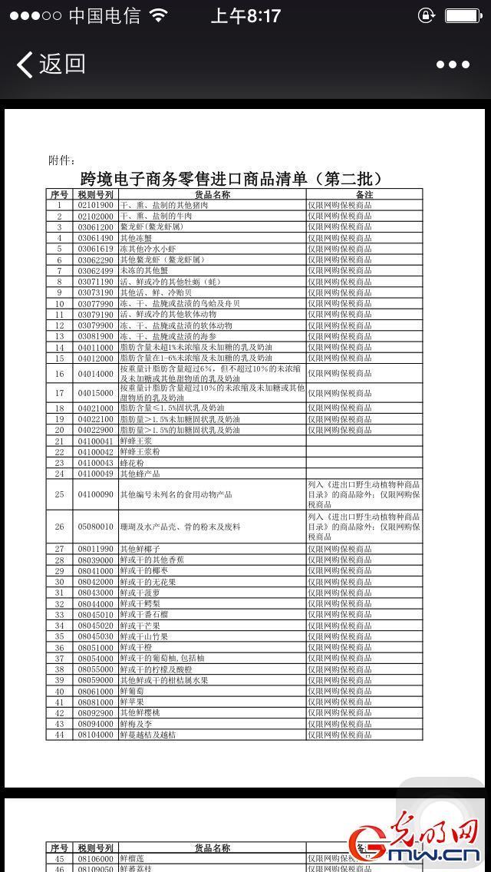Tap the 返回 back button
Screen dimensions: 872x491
pyautogui.click(x=51, y=64)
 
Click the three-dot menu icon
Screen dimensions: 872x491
pyautogui.click(x=453, y=65)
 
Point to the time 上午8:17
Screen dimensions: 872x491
pyautogui.click(x=245, y=15)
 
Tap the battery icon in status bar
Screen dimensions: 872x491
pyautogui.click(x=463, y=15)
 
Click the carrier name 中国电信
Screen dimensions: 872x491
pyautogui.click(x=104, y=15)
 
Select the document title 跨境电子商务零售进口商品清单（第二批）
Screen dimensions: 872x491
pyautogui.click(x=231, y=179)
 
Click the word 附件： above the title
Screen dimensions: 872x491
pyautogui.click(x=62, y=160)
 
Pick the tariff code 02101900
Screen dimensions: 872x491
pyautogui.click(x=95, y=206)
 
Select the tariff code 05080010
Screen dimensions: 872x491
pyautogui.click(x=95, y=527)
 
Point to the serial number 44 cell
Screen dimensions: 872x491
pyautogui.click(x=58, y=735)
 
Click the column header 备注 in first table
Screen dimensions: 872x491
pyautogui.click(x=364, y=195)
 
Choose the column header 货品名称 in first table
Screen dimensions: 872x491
pyautogui.click(x=212, y=195)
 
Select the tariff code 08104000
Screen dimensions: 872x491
pyautogui.click(x=95, y=735)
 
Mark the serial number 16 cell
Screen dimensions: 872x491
pyautogui.click(x=58, y=373)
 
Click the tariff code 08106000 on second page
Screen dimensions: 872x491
pyautogui.click(x=95, y=859)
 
